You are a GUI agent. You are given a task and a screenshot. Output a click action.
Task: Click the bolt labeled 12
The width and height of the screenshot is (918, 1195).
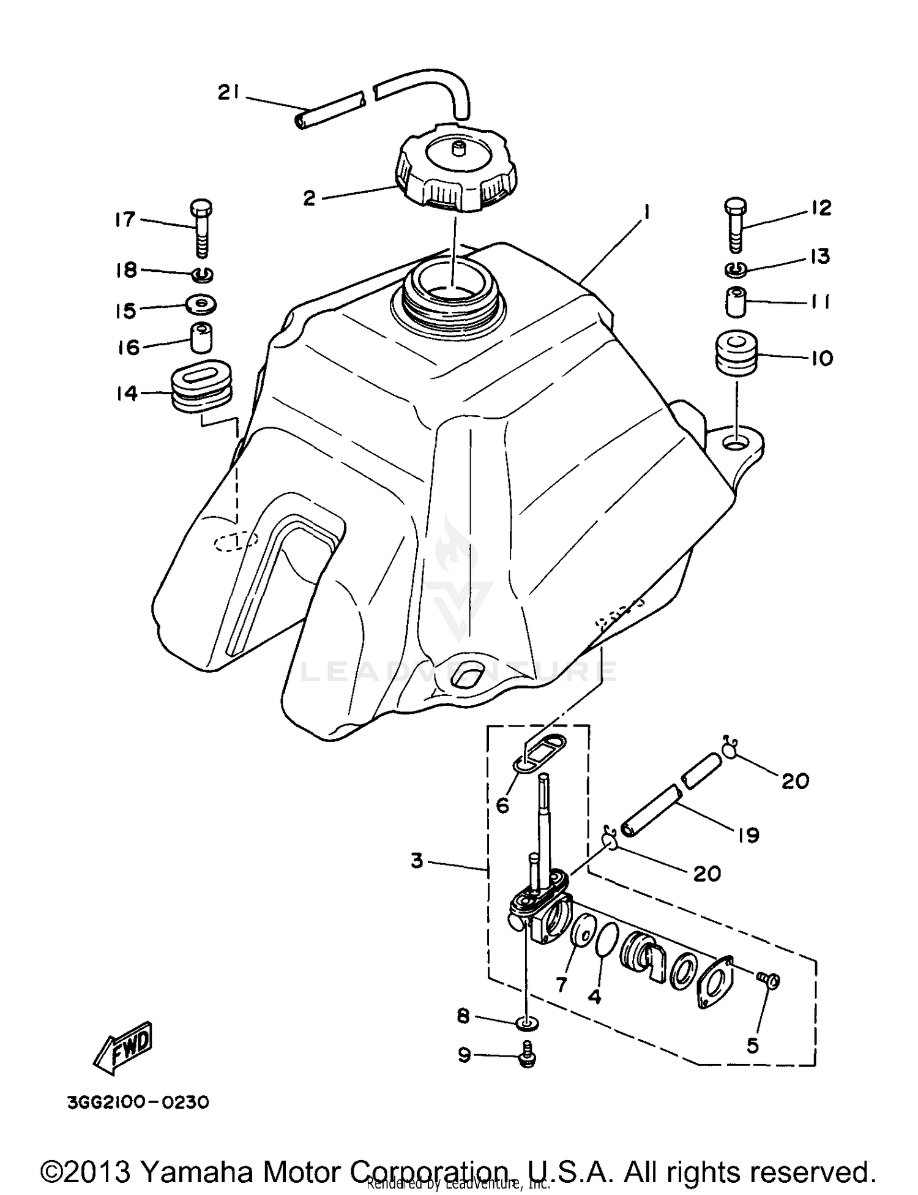coord(736,225)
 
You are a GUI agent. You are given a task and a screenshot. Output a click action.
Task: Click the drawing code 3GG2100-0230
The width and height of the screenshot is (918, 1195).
coord(138,1103)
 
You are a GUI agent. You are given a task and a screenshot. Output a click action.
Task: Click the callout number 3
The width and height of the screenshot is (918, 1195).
coord(417,861)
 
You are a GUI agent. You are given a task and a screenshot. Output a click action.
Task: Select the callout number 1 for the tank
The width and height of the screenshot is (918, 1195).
coord(645,212)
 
